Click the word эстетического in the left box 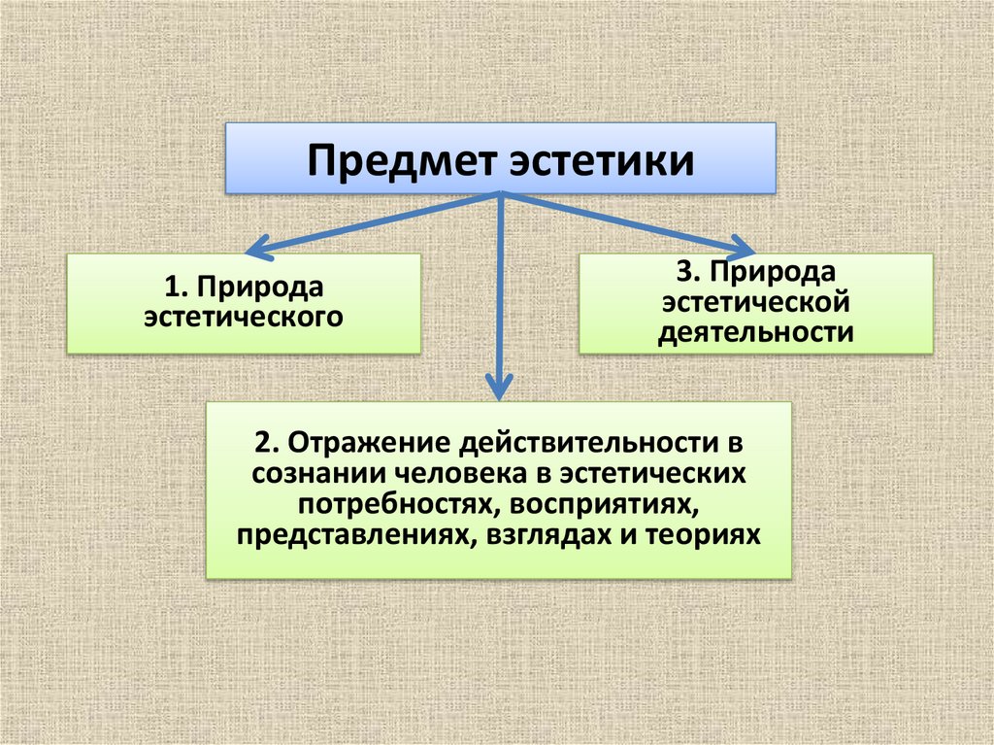(244, 317)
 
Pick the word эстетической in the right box (756, 302)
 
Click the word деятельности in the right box (756, 332)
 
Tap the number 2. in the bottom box (267, 443)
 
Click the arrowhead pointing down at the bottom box (499, 389)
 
